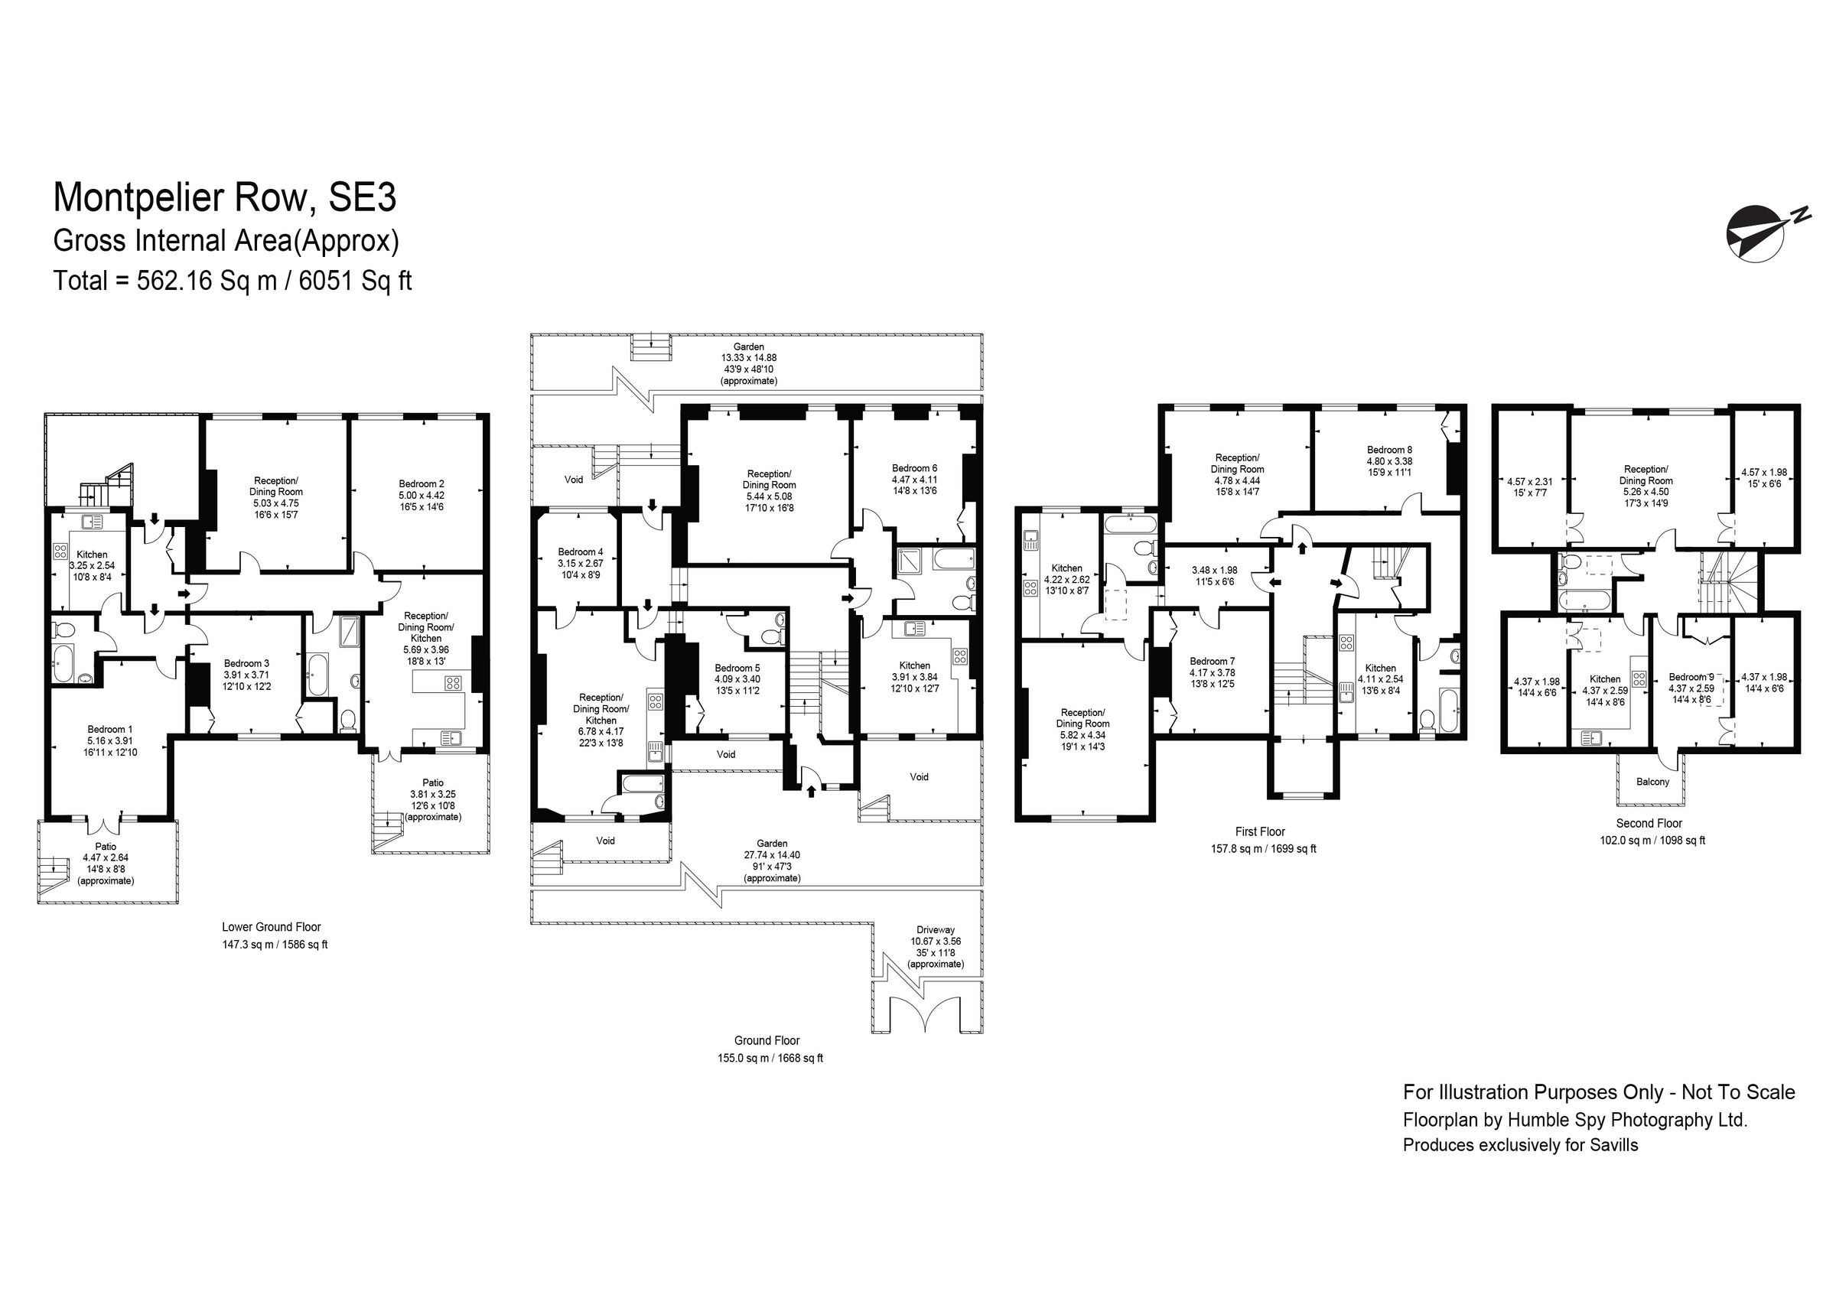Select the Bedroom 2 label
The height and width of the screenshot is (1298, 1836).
(422, 484)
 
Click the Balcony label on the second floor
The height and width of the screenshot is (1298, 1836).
(1652, 782)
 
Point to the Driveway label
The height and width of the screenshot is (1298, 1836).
(936, 930)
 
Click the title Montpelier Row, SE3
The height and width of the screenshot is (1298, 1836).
(225, 197)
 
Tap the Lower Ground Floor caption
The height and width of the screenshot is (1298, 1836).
(271, 927)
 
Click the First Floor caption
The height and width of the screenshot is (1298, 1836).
(1259, 831)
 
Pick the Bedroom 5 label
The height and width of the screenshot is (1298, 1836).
(737, 668)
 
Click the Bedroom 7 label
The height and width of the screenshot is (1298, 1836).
(1212, 662)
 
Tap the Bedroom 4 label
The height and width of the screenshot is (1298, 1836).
(581, 551)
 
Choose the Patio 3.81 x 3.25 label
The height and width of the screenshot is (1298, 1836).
(433, 794)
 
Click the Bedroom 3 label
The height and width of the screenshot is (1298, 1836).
(246, 663)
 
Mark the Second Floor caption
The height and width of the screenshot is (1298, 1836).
(1649, 823)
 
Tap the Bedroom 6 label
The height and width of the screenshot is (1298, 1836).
(914, 468)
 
